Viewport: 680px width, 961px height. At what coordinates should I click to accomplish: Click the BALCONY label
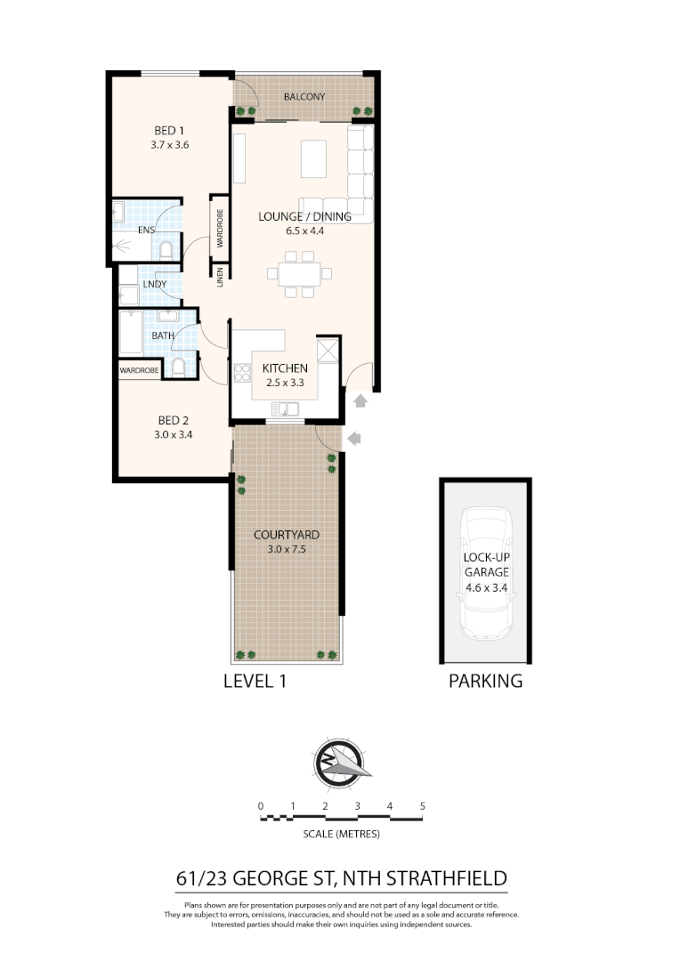click(x=304, y=96)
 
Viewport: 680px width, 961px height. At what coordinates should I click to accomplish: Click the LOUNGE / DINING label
click(x=304, y=216)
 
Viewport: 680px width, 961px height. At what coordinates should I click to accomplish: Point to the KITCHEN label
click(x=285, y=368)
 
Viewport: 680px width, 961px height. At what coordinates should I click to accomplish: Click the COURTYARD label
click(x=287, y=535)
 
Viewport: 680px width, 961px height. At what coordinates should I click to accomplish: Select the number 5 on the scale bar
click(x=423, y=806)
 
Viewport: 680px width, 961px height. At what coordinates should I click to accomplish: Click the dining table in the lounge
click(x=298, y=272)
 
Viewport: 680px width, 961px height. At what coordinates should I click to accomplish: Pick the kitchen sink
click(x=286, y=409)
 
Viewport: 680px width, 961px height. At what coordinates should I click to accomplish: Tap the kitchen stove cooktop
click(x=241, y=372)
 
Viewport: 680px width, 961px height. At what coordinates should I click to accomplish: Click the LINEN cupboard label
click(x=218, y=277)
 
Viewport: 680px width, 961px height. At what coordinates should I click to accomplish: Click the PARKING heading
click(x=484, y=682)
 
